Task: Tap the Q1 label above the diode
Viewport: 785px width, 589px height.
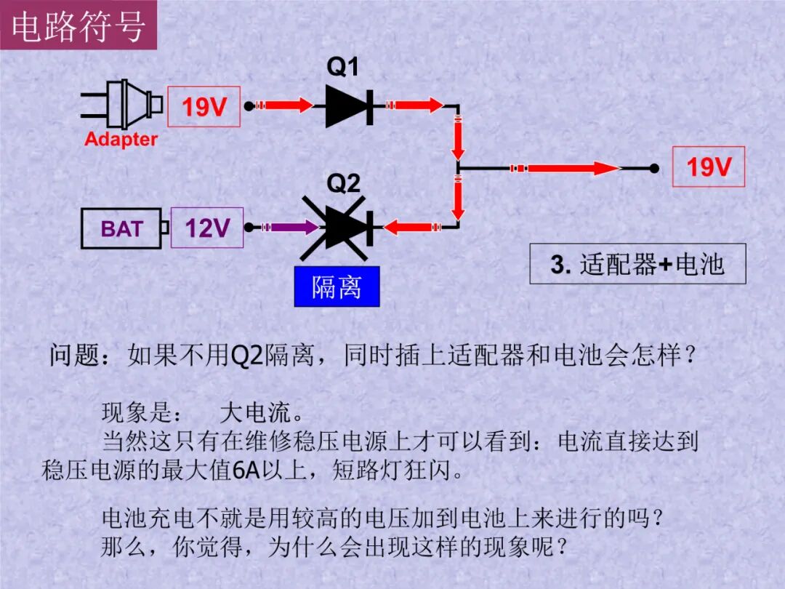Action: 342,68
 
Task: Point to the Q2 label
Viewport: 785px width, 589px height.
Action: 343,183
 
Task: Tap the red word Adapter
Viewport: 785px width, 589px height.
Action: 121,139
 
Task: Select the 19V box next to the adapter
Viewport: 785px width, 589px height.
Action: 204,107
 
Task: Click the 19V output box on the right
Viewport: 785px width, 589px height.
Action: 709,167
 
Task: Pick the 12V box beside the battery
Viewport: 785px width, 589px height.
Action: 207,228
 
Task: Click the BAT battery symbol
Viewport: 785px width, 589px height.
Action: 124,229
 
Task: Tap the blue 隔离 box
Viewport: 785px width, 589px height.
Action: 337,287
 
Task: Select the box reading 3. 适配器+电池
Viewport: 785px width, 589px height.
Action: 637,264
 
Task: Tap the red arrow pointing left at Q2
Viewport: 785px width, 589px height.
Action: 411,228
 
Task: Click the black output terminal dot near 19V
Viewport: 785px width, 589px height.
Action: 655,169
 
